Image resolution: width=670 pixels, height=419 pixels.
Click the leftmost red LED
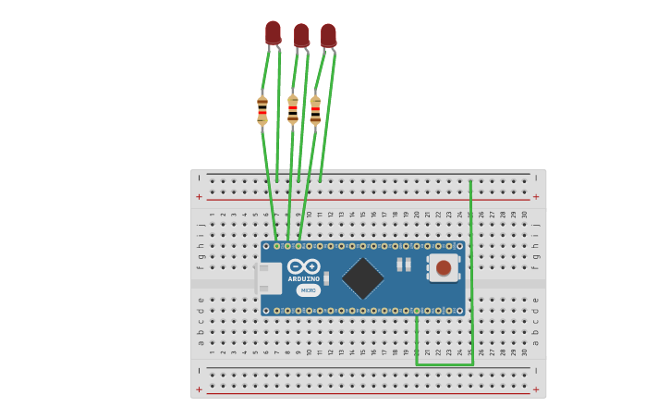[273, 32]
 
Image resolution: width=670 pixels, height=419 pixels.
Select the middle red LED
[301, 35]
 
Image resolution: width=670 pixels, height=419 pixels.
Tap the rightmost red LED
[328, 35]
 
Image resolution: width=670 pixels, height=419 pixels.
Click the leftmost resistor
[262, 109]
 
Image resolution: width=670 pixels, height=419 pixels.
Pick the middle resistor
[293, 108]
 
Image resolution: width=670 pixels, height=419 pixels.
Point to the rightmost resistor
[315, 110]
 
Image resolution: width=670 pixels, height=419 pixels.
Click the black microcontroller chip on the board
[362, 277]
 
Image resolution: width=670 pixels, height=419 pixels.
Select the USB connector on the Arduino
[267, 278]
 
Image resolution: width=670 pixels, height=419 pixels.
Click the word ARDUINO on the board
[303, 278]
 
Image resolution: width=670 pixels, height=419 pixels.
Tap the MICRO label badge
[308, 290]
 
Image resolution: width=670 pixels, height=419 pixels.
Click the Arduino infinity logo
[303, 266]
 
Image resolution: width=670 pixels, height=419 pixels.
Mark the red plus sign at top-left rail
[199, 197]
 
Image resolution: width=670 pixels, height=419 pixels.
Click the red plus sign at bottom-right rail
[536, 389]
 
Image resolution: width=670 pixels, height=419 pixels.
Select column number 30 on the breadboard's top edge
[525, 215]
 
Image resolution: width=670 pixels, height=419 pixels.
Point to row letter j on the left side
[201, 224]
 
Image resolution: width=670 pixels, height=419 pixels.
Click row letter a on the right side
[536, 342]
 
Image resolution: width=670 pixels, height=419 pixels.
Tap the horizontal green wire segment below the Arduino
[445, 364]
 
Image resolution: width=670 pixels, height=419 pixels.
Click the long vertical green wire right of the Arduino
[471, 268]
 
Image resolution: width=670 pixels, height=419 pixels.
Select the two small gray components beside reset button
[404, 265]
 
